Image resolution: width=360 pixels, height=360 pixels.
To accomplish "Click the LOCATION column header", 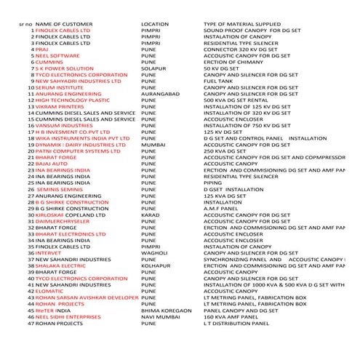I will [154, 24].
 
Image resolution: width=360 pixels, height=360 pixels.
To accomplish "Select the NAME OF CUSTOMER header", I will [65, 24].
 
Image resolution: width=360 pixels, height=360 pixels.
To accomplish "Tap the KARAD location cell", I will [151, 215].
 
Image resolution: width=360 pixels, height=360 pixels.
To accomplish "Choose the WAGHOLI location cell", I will [154, 253].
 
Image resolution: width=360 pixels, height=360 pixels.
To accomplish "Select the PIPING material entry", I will [213, 183].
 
